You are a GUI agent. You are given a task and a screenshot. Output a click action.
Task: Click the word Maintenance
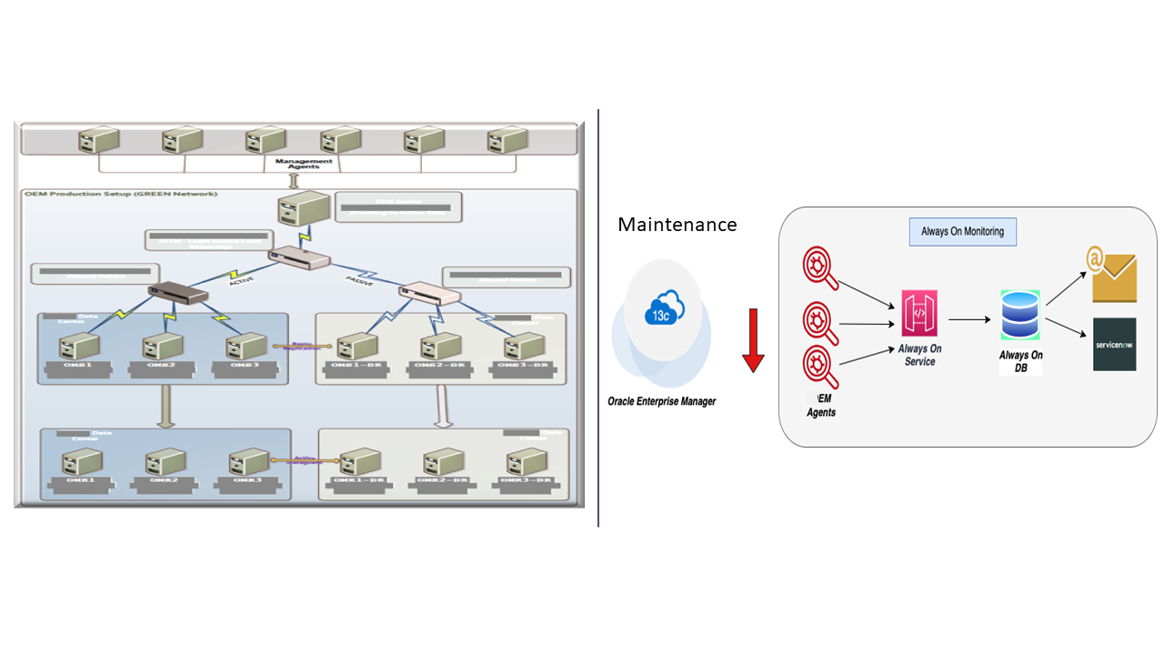(677, 224)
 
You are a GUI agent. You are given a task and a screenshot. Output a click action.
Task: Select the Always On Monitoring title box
(962, 232)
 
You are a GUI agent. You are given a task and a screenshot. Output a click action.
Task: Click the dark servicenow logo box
(1114, 344)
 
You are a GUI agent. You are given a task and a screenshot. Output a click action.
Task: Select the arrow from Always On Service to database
(968, 319)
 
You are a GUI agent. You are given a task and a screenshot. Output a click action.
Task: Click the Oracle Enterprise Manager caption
(661, 401)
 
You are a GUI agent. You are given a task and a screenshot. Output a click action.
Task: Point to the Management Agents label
(304, 164)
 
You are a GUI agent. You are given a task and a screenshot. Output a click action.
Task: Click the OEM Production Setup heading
(120, 194)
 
